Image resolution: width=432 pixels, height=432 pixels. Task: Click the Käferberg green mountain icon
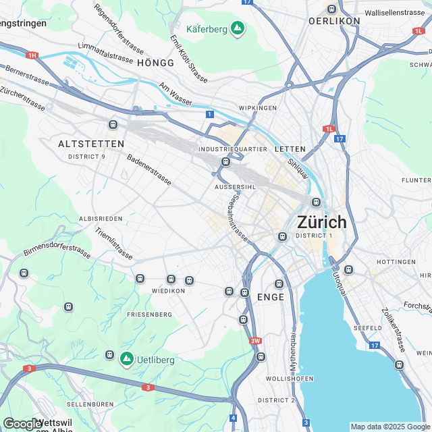237,28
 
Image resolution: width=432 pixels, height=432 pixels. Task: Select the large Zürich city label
322,221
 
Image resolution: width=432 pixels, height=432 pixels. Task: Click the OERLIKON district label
334,21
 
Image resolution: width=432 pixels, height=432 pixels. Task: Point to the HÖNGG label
155,63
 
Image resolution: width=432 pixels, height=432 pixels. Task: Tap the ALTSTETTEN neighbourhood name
91,144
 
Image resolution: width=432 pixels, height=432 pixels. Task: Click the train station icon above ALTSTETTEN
113,125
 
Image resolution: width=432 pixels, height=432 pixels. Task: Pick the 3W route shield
255,341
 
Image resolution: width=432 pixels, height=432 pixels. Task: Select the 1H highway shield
32,55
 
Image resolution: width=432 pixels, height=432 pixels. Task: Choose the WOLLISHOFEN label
290,379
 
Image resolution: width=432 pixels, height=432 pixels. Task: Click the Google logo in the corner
22,424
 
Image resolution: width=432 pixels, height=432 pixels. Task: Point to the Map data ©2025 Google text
389,427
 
